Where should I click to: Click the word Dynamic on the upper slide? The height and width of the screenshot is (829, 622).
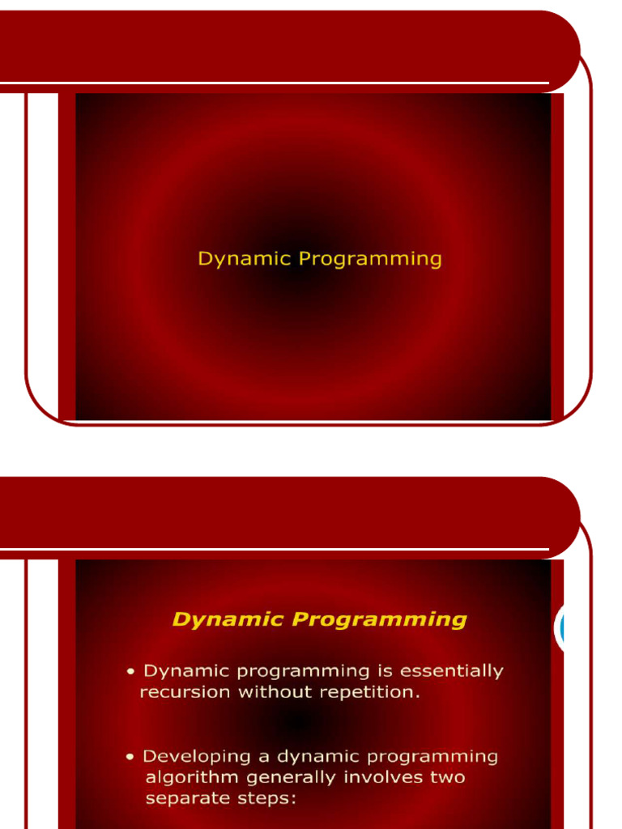[245, 259]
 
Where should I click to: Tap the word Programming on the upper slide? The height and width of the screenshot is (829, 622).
[369, 259]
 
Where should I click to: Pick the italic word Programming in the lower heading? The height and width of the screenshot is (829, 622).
[379, 619]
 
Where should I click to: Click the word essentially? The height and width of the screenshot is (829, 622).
[452, 671]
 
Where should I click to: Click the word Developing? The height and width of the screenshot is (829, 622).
[196, 757]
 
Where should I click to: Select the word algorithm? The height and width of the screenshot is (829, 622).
[192, 778]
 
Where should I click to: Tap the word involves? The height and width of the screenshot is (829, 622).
[383, 777]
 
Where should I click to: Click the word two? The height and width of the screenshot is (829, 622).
[447, 778]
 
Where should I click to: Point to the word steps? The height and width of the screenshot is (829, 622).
[267, 798]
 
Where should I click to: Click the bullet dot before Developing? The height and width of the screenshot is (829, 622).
[130, 757]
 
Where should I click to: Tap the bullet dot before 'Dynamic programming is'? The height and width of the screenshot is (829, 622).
[130, 672]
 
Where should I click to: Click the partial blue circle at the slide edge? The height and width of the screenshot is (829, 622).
[560, 627]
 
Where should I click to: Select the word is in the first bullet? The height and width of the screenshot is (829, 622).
[385, 670]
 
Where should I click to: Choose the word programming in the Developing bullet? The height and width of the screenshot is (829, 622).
[432, 757]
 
